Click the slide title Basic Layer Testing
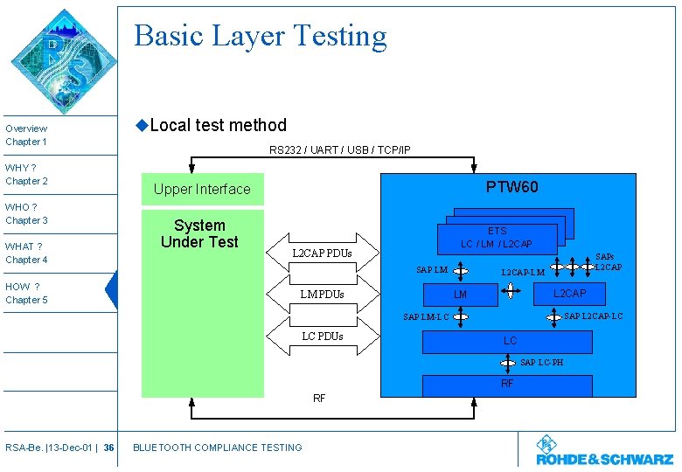tap(261, 36)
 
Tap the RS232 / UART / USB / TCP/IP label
tap(339, 150)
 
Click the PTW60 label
tap(511, 187)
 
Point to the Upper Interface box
tap(202, 190)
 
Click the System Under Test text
tap(199, 233)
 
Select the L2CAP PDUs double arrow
tap(322, 253)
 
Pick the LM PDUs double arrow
tap(322, 294)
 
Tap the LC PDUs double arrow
tap(322, 336)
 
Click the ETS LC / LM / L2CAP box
tap(497, 238)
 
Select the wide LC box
tap(511, 340)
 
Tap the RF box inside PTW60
tap(507, 384)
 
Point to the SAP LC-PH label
tap(541, 362)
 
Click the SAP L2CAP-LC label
tap(594, 316)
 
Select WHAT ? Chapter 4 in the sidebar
tap(26, 253)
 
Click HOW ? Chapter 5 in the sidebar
tap(26, 293)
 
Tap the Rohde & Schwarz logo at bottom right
tap(604, 450)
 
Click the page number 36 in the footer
tap(108, 448)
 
